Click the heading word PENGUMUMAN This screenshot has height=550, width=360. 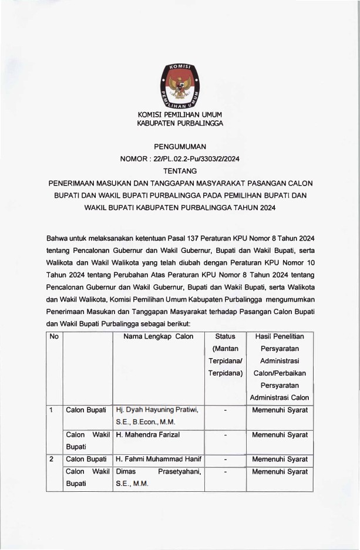[180, 146]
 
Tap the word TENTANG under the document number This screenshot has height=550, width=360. [180, 171]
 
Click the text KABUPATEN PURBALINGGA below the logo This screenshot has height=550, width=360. [180, 123]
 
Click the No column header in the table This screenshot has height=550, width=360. [54, 336]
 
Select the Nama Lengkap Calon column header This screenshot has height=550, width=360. [159, 336]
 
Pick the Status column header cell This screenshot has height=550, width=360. [226, 336]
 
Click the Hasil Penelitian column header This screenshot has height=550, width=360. [280, 336]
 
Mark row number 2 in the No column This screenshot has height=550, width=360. [52, 459]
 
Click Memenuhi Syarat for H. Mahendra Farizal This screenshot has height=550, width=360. [280, 435]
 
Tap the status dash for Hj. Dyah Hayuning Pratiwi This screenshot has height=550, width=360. [226, 410]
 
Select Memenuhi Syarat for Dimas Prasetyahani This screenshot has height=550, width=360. [280, 472]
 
